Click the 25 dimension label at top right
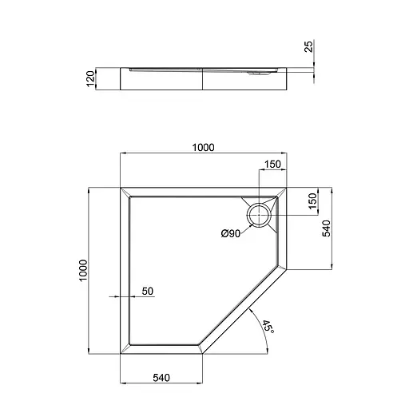click(x=309, y=46)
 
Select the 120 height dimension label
click(x=90, y=78)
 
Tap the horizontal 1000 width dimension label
click(x=203, y=148)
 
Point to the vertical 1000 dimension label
click(x=83, y=270)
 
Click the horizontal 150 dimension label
click(x=272, y=165)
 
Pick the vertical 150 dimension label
click(x=313, y=201)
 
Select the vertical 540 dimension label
click(x=326, y=228)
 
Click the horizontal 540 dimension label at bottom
click(x=161, y=378)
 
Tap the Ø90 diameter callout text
click(x=231, y=233)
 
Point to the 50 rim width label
click(x=148, y=292)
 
